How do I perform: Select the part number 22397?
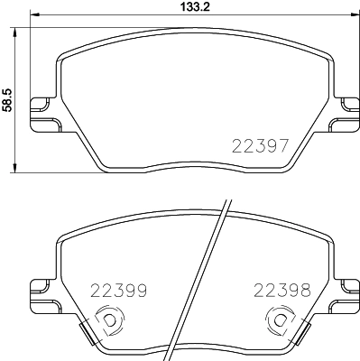tap(261, 144)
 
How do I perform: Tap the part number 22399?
tap(116, 291)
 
